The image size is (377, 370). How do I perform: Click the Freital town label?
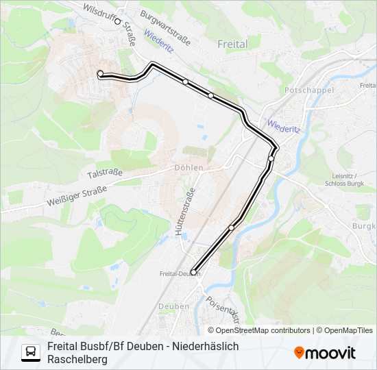[232, 43]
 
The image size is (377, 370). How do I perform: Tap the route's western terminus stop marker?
[100, 73]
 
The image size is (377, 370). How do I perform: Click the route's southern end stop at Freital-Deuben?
[193, 273]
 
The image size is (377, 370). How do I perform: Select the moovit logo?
[325, 353]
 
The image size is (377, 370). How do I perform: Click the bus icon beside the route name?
[31, 352]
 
